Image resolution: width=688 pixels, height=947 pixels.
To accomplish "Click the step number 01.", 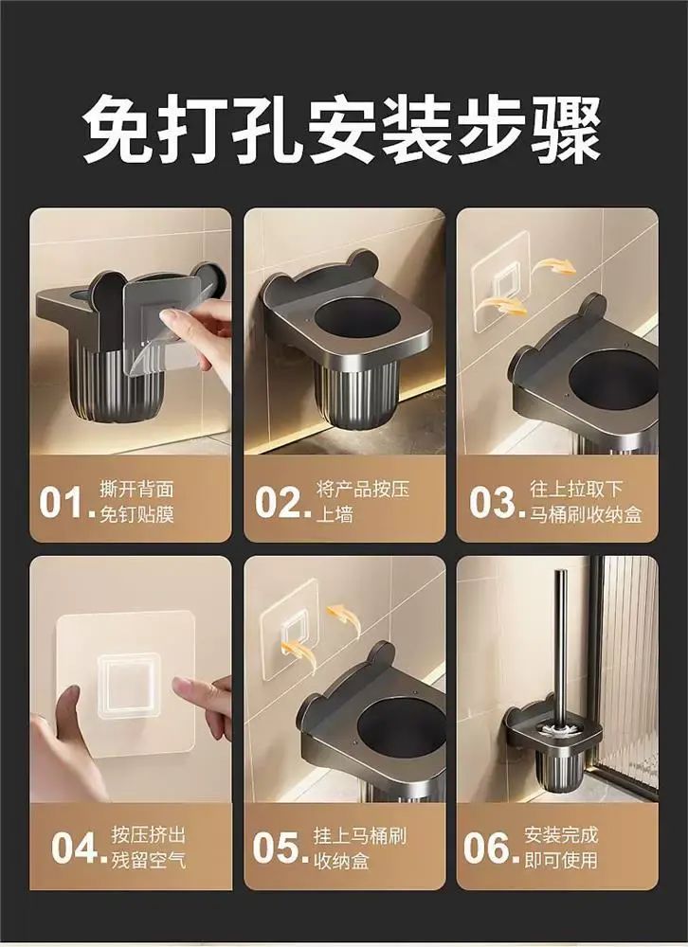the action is coord(63,502).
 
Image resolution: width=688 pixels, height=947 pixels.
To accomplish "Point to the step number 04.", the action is coord(75,848).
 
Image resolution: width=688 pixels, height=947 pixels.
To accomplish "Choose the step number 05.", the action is coord(277,848).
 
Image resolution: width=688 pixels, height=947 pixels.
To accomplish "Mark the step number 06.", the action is coord(488,848).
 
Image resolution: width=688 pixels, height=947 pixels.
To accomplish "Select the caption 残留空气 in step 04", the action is coord(148,860).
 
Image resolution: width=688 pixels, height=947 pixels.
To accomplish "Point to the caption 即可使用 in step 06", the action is coord(561,860).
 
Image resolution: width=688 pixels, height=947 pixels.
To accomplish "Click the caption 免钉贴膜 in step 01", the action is coord(136,515).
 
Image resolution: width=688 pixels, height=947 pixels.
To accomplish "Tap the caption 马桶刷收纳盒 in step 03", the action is coord(587,515).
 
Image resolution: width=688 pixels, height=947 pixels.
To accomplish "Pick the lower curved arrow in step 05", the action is coord(299,652).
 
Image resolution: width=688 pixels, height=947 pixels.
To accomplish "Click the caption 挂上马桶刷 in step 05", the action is coord(359,836).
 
